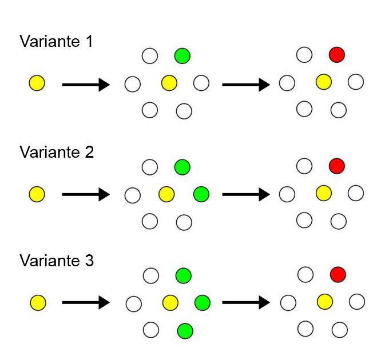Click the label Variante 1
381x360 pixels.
tap(57, 41)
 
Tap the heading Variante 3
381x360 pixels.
tap(57, 261)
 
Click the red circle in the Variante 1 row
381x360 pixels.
tap(338, 55)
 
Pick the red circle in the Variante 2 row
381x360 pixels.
tap(338, 166)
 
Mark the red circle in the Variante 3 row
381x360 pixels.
tap(338, 274)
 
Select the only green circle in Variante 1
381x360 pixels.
tap(182, 55)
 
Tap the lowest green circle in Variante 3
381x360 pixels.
tap(184, 330)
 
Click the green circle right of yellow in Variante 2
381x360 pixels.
tap(201, 194)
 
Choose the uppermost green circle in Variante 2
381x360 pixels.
tap(182, 167)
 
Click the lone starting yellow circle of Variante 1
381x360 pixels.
tap(37, 84)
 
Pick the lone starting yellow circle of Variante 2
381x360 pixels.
tap(37, 194)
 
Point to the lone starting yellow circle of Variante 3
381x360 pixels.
tap(37, 302)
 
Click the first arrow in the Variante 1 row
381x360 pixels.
tap(86, 85)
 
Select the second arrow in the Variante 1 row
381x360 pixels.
tap(246, 85)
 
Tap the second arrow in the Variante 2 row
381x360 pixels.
tap(246, 195)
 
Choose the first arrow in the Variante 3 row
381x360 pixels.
tap(86, 302)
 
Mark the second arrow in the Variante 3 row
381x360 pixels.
tap(246, 302)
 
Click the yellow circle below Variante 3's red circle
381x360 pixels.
tap(324, 301)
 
